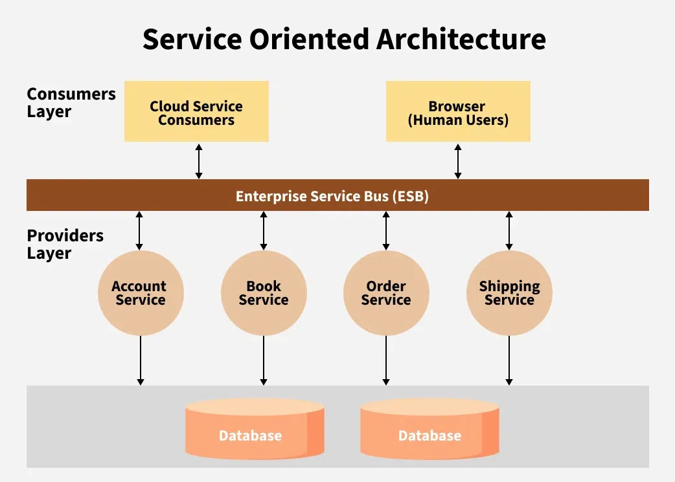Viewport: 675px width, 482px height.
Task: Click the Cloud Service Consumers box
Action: click(x=196, y=111)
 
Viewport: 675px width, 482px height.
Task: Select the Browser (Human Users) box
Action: click(x=458, y=111)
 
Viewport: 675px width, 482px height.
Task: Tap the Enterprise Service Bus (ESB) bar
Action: click(x=337, y=195)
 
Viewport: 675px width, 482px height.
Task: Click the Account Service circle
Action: click(x=140, y=293)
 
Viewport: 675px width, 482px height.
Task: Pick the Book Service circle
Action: click(x=263, y=293)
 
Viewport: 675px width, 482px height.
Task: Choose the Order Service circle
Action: click(x=386, y=293)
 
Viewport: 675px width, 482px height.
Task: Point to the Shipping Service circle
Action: click(x=509, y=293)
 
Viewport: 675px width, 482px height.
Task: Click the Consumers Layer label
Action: click(x=71, y=102)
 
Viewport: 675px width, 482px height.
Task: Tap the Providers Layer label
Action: click(x=65, y=244)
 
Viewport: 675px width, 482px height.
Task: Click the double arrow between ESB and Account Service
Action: click(x=139, y=230)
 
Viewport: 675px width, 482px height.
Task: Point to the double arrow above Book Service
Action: click(x=263, y=230)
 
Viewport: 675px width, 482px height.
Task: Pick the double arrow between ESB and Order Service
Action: click(x=386, y=230)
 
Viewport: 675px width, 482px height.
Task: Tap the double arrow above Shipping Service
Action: click(x=509, y=230)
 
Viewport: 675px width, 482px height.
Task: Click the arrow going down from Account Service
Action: click(x=140, y=360)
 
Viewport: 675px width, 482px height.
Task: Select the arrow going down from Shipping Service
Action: click(x=509, y=360)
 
